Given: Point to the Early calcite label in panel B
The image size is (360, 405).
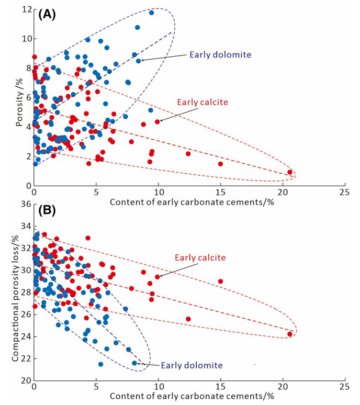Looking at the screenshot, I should (x=200, y=257).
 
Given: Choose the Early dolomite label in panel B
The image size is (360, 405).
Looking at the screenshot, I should (x=192, y=365).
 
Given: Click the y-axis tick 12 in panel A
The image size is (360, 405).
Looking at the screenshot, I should (x=25, y=9).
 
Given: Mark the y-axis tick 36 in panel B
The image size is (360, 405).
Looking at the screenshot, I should (x=25, y=204).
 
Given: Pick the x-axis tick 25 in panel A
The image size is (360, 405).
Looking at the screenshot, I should (x=344, y=192).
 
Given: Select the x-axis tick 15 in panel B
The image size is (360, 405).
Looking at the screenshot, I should (x=220, y=387).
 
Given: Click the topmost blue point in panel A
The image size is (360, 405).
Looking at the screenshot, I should (x=151, y=13).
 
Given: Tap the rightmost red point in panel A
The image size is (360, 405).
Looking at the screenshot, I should (x=290, y=172).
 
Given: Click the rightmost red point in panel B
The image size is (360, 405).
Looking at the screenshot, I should (x=290, y=334).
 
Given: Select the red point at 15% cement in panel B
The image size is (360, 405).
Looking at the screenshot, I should (x=220, y=281).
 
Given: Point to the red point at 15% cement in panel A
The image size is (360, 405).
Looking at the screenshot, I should (x=220, y=164).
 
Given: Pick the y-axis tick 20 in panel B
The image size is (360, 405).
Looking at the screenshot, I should (x=25, y=380).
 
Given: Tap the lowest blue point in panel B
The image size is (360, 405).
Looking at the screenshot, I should (x=100, y=364).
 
